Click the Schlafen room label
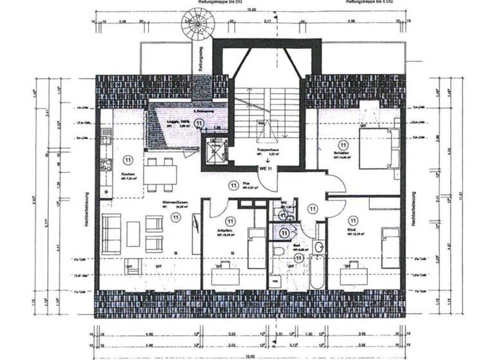tap(344, 153)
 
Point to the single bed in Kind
tap(390, 247)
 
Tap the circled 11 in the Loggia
tap(199, 123)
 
